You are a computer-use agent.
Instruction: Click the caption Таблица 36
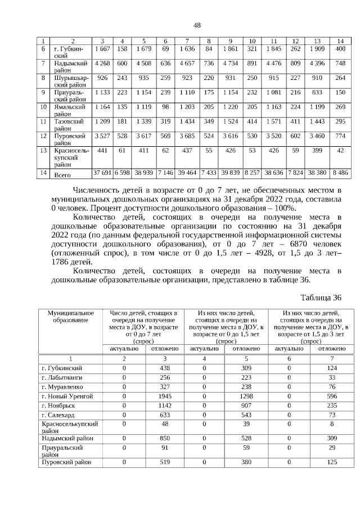[321, 298]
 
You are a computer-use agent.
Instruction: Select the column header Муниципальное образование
[70, 316]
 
